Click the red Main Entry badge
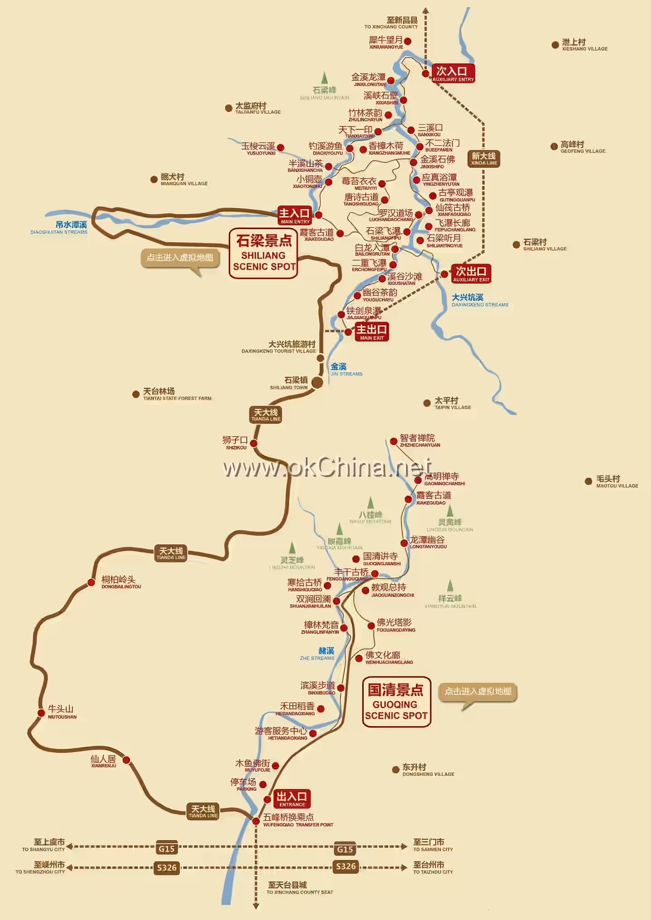tap(295, 216)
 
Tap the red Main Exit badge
tap(372, 332)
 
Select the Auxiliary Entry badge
tap(453, 74)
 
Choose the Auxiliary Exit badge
tap(471, 274)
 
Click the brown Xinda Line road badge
tap(484, 159)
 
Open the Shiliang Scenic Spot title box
tap(264, 253)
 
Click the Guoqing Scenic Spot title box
tap(396, 702)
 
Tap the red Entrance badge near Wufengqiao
tap(292, 799)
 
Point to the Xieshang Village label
tap(584, 45)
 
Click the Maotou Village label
tap(617, 481)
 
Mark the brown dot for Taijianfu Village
tap(229, 108)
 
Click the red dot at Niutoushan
tap(41, 713)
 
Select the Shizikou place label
tap(235, 442)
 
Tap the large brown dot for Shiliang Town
tap(317, 383)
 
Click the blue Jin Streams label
tap(345, 369)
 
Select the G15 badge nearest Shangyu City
tap(166, 849)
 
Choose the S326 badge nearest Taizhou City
tap(346, 866)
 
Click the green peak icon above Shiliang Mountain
tap(324, 77)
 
